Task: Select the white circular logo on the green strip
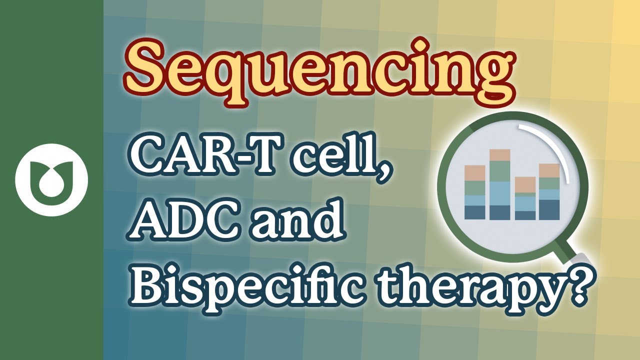[51, 180]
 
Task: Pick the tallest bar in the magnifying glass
[499, 184]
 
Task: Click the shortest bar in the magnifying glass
[525, 198]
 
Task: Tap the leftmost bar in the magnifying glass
[474, 192]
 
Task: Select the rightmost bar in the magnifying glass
[549, 191]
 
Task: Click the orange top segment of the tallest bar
[499, 155]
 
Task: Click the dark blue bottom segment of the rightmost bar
[549, 210]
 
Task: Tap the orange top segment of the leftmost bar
[474, 173]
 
